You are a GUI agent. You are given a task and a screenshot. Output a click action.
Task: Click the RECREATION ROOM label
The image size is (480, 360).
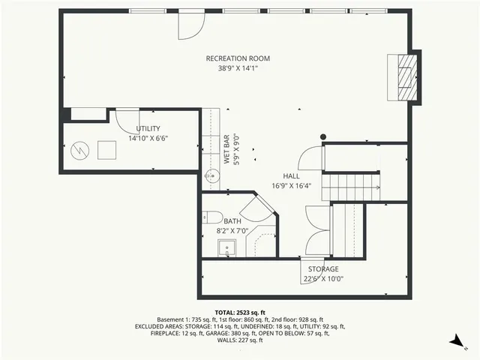click(x=238, y=58)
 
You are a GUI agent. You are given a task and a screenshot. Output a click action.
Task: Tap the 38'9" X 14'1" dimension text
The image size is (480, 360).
click(x=238, y=68)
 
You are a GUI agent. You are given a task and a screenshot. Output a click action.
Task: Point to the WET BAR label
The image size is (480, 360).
click(x=226, y=148)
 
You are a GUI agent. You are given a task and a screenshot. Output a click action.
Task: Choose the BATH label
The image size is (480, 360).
click(x=232, y=221)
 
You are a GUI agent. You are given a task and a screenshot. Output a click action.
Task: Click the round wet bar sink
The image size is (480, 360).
click(x=211, y=177)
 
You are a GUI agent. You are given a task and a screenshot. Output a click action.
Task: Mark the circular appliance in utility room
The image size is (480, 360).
click(x=79, y=150)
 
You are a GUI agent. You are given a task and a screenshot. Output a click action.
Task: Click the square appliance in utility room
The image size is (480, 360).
click(x=106, y=149)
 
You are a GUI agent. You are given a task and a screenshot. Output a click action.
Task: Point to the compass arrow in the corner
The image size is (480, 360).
click(x=454, y=342)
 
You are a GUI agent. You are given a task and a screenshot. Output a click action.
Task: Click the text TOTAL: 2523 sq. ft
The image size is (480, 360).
click(x=239, y=311)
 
